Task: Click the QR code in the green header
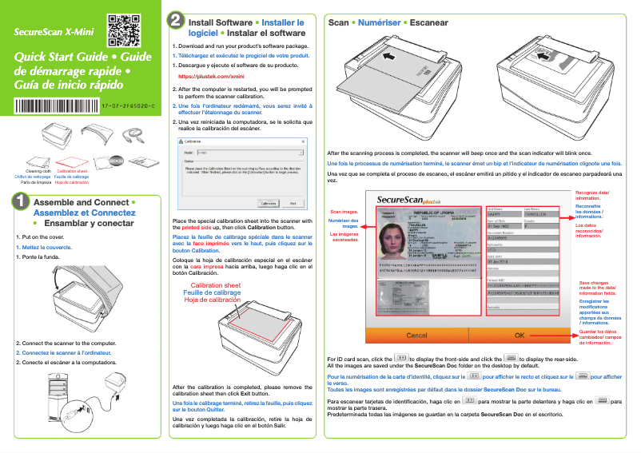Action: pos(119,27)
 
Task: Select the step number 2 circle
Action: pos(175,23)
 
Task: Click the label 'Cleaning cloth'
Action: pos(38,171)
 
